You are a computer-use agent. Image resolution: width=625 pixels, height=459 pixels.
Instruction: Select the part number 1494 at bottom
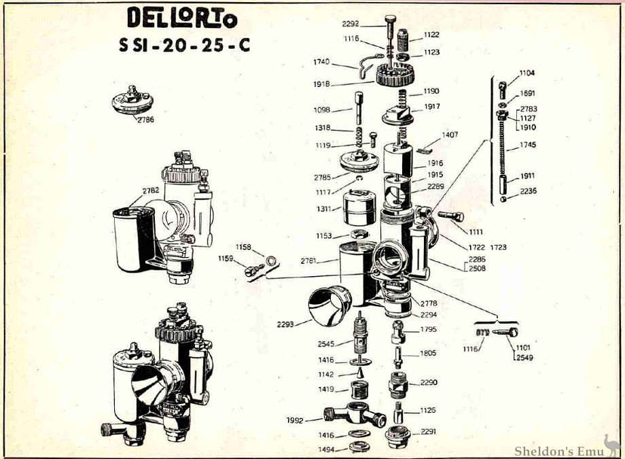click(x=327, y=449)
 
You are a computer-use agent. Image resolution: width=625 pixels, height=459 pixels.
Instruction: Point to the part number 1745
click(x=527, y=145)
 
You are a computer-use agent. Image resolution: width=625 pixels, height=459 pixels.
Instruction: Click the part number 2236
click(x=528, y=191)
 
